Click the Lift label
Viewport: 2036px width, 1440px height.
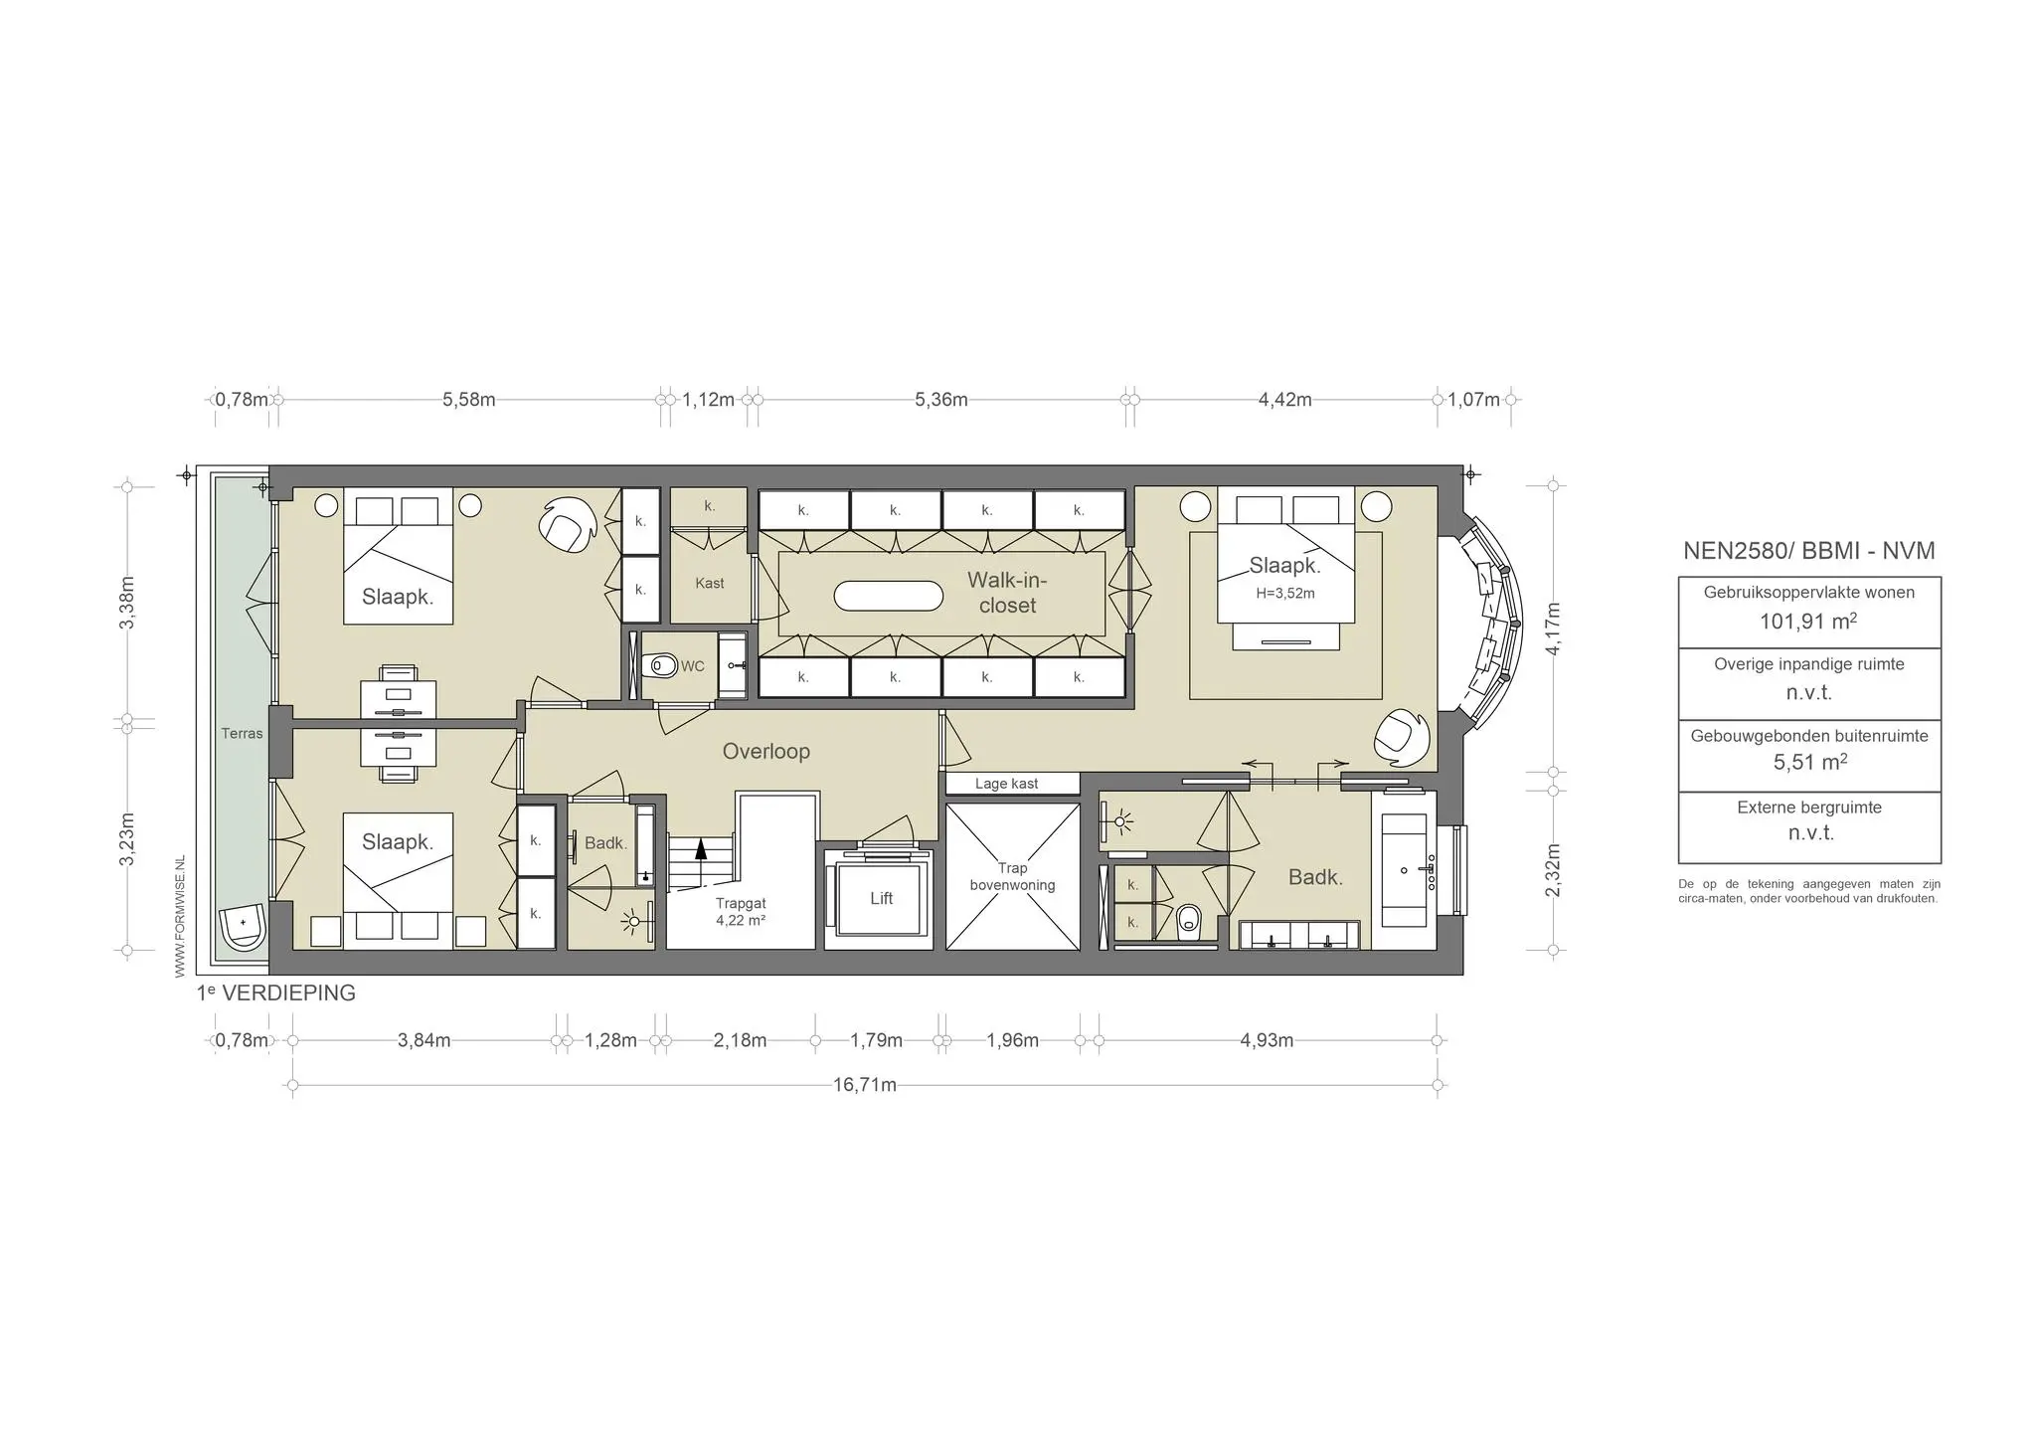coord(881,898)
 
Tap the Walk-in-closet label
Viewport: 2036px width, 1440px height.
coord(1007,593)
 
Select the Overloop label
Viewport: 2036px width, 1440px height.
coord(765,752)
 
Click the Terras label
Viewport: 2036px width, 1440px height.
coord(242,734)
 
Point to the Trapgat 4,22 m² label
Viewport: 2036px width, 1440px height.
coord(741,912)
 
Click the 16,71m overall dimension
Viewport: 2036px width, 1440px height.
coord(864,1085)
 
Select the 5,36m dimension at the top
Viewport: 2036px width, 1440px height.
coord(940,400)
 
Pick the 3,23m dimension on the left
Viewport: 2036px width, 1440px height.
coord(127,839)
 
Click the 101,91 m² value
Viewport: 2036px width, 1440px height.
coord(1808,622)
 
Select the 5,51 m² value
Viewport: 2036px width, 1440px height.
coord(1808,763)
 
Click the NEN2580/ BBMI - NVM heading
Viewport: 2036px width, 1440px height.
coord(1808,551)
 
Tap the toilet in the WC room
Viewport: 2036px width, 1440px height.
coord(660,663)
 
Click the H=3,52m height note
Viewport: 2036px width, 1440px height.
coord(1284,594)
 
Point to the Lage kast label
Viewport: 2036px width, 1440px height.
coord(1006,784)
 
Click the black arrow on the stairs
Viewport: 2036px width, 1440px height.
coord(701,847)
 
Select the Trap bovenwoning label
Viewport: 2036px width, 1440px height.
coord(1012,877)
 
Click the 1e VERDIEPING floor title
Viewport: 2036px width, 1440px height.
coord(275,992)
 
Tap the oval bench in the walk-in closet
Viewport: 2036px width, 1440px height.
coord(888,596)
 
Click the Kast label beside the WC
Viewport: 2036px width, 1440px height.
coord(709,584)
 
